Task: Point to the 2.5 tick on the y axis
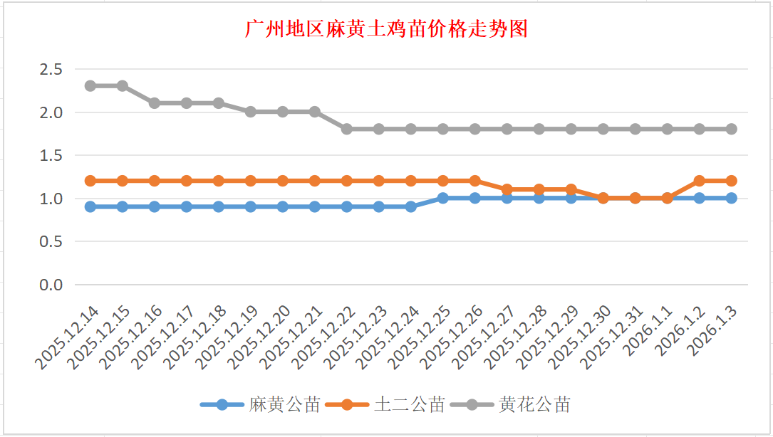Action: pyautogui.click(x=51, y=69)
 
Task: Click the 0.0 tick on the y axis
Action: pyautogui.click(x=51, y=285)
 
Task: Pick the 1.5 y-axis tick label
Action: pyautogui.click(x=51, y=155)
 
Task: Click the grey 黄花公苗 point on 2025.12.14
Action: pyautogui.click(x=90, y=85)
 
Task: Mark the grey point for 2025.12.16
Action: pyautogui.click(x=155, y=103)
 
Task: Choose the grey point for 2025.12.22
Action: pyautogui.click(x=347, y=129)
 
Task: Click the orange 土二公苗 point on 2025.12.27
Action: pyautogui.click(x=507, y=189)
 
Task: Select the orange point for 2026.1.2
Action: pyautogui.click(x=700, y=181)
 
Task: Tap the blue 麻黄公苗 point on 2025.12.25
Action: pyautogui.click(x=443, y=198)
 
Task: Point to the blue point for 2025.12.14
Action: pyautogui.click(x=90, y=206)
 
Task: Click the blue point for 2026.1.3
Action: pyautogui.click(x=732, y=198)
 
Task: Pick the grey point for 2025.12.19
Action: pyautogui.click(x=251, y=112)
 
